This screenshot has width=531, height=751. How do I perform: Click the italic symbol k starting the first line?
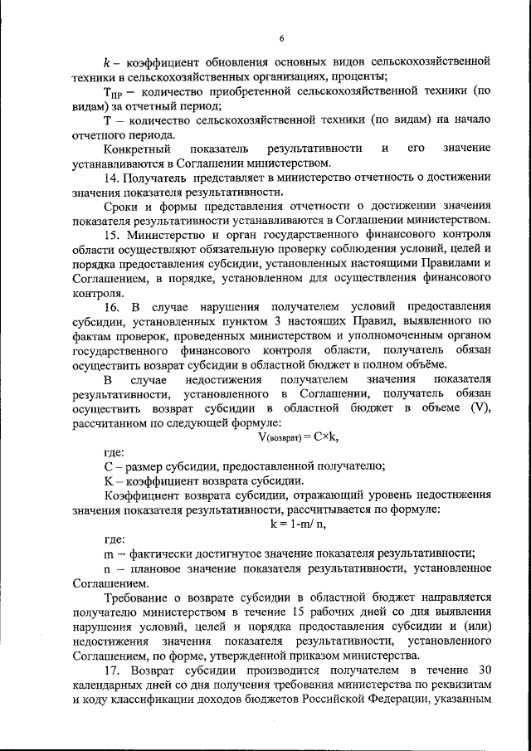point(107,61)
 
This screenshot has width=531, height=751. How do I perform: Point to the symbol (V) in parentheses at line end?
point(480,407)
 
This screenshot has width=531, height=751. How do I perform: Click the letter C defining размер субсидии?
point(108,466)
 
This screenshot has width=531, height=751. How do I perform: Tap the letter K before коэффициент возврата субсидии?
point(108,481)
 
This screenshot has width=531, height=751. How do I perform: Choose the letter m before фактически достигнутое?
point(109,553)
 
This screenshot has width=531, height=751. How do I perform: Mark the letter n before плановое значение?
point(108,568)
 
